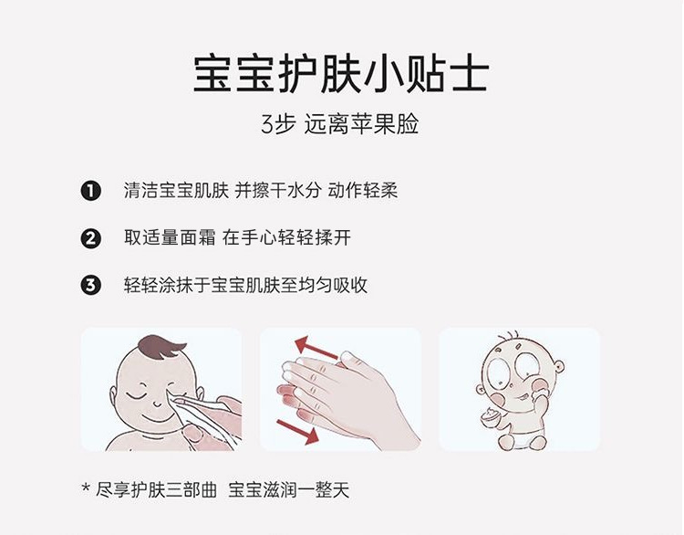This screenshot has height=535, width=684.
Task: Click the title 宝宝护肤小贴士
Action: point(341,74)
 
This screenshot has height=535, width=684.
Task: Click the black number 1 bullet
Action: point(90,191)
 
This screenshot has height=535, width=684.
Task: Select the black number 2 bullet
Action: point(90,238)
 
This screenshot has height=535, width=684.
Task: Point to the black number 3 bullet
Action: point(90,285)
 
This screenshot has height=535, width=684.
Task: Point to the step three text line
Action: point(245,285)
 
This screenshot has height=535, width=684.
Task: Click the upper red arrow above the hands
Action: point(315,349)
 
